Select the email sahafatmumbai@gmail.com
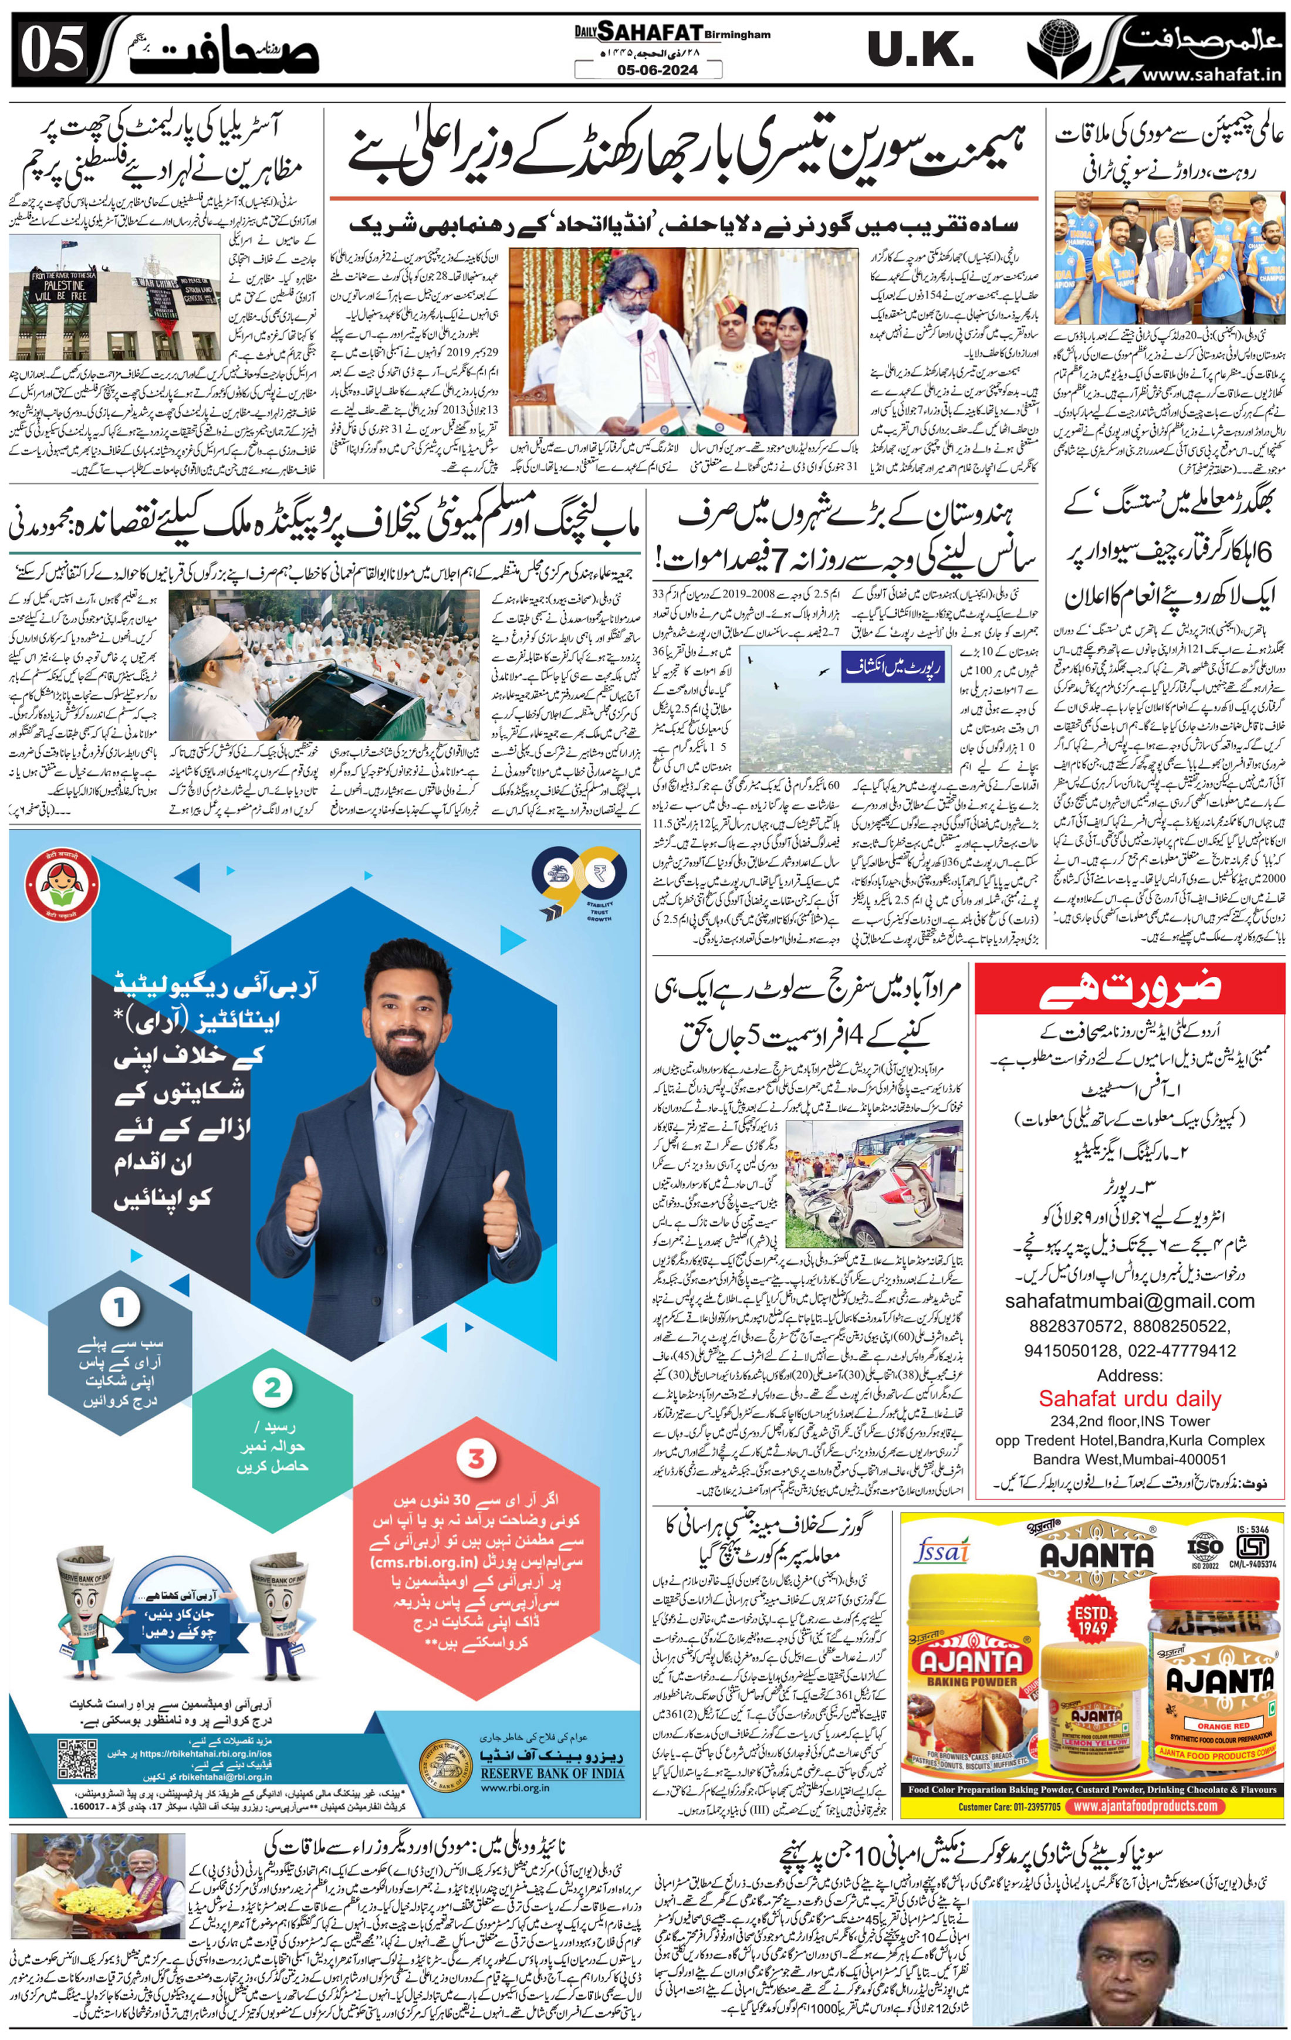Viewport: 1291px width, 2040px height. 1129,1300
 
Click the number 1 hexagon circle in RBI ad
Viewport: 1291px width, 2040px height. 120,1307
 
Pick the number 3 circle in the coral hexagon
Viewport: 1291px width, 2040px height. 476,1459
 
